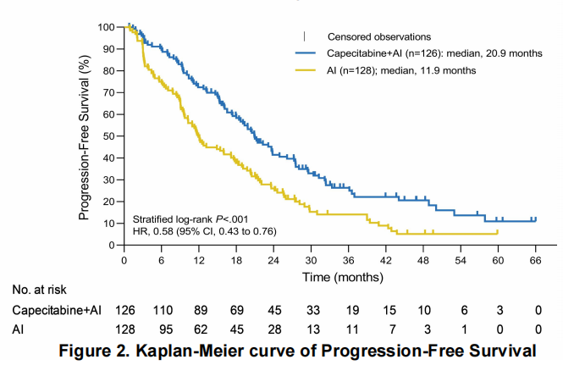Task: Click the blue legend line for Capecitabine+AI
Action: click(306, 53)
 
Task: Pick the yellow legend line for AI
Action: click(306, 70)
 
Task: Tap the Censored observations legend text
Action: click(379, 36)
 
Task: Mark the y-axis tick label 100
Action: click(105, 27)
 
